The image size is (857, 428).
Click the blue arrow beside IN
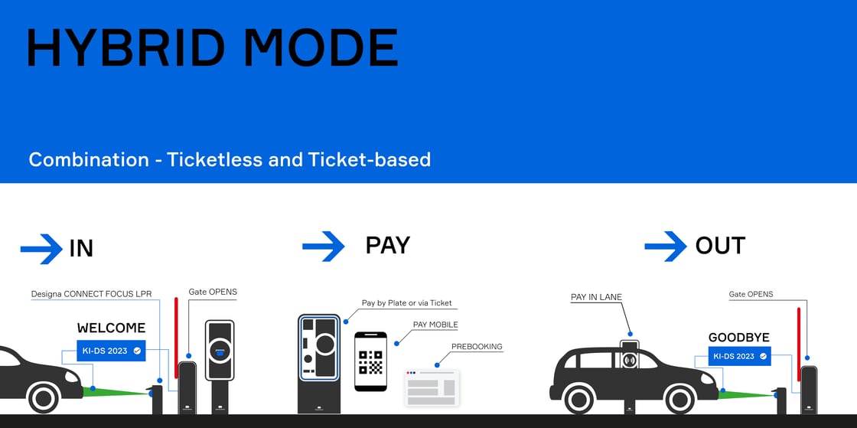(x=41, y=248)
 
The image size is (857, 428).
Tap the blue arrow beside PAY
(x=324, y=246)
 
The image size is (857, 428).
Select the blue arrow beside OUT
(x=665, y=246)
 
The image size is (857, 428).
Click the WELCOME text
(x=111, y=328)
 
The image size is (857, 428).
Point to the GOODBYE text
(x=738, y=338)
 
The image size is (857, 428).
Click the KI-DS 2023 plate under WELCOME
(x=111, y=351)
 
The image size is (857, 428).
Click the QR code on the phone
(x=370, y=361)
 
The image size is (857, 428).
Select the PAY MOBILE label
(x=435, y=325)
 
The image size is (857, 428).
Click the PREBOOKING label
(x=477, y=346)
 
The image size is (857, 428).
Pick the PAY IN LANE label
(x=596, y=297)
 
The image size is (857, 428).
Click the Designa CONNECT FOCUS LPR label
(x=91, y=294)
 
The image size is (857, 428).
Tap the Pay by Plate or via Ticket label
(x=406, y=303)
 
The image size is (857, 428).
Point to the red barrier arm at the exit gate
(x=799, y=334)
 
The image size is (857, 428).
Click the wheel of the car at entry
(x=44, y=397)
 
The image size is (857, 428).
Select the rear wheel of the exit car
(x=578, y=397)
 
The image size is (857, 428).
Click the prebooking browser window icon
(x=432, y=387)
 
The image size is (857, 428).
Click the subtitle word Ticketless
(x=215, y=159)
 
